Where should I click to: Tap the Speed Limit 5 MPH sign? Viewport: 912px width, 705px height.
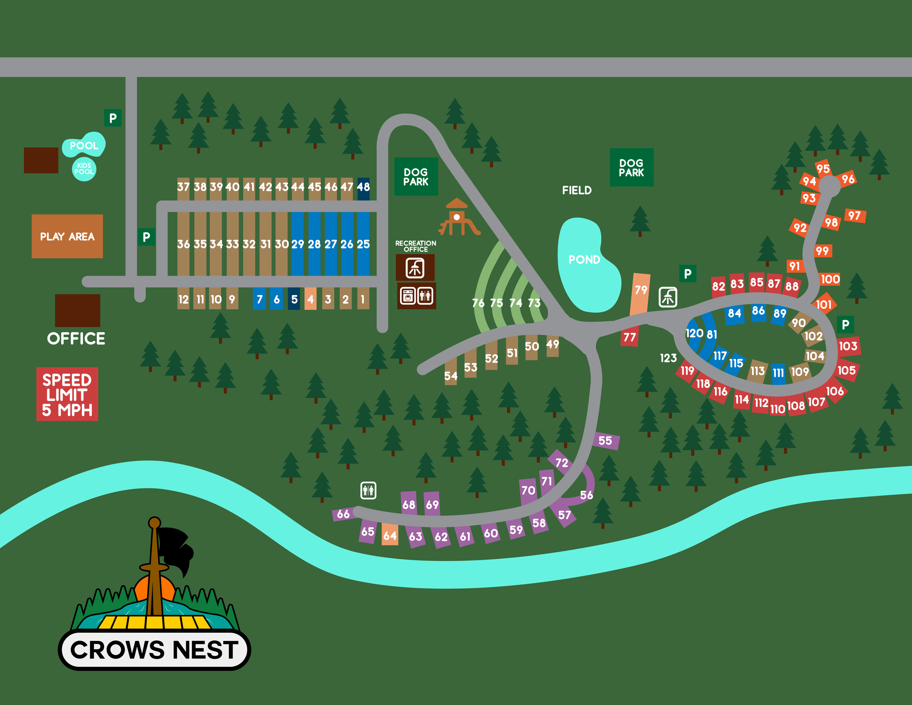[x=67, y=394]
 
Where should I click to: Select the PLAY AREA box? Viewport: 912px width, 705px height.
[x=67, y=236]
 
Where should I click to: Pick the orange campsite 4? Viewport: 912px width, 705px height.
[x=310, y=299]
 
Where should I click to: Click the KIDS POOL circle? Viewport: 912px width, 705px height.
[x=84, y=169]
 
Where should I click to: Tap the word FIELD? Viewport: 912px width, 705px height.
[x=577, y=190]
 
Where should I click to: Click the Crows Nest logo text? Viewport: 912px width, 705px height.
[x=154, y=650]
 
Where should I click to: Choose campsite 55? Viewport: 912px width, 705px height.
[x=606, y=441]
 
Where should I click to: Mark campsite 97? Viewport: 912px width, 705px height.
[x=854, y=216]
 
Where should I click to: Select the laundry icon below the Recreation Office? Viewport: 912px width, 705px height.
[x=408, y=296]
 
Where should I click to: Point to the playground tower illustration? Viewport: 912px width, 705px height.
[x=457, y=217]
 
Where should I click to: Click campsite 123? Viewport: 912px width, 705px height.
[x=668, y=358]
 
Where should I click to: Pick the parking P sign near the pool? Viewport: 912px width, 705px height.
[x=113, y=118]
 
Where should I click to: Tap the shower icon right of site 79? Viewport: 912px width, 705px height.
[x=668, y=297]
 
